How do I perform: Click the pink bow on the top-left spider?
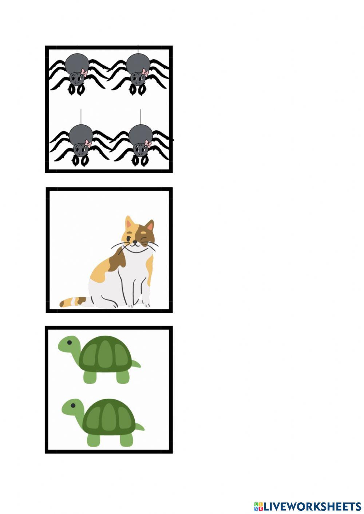tap(84, 72)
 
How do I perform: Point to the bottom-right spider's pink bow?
tap(148, 143)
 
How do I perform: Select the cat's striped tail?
tap(73, 302)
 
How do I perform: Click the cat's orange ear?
tap(129, 223)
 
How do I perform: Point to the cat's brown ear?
tap(149, 226)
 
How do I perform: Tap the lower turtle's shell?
tap(108, 417)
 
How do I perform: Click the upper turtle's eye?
tap(69, 342)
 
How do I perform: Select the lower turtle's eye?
tap(73, 405)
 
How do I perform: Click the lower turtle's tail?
tap(140, 427)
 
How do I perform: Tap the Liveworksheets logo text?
tap(312, 506)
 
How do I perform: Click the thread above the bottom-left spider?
tap(81, 116)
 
